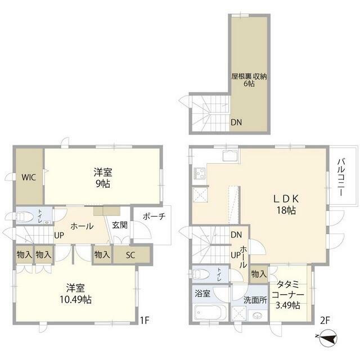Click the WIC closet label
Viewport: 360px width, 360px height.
coord(29,177)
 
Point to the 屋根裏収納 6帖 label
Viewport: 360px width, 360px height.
coord(247,79)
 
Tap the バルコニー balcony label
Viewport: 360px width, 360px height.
coord(341,177)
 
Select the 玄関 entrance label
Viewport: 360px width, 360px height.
coord(119,225)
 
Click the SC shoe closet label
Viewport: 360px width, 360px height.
coord(130,255)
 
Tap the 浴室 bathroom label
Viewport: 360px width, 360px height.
coord(202,293)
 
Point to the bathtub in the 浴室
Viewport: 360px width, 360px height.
coord(210,313)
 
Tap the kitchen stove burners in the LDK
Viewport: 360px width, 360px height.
coord(200,173)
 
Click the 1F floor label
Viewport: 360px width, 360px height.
coord(145,321)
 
